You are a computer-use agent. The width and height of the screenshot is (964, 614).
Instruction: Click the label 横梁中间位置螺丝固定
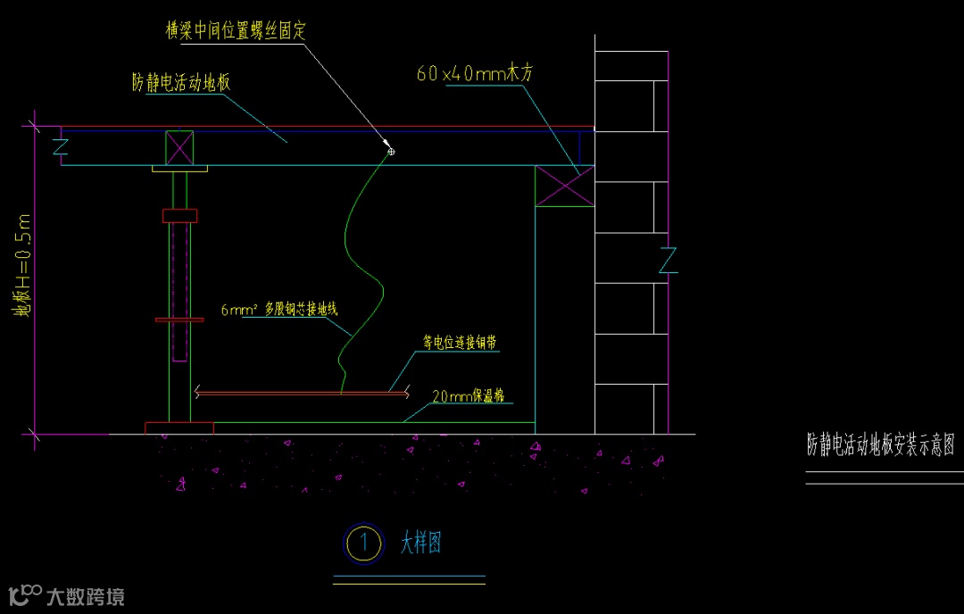click(x=236, y=30)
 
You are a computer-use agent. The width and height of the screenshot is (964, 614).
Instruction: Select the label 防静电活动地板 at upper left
click(x=181, y=84)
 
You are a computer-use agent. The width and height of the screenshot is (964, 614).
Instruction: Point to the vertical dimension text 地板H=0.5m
click(x=23, y=265)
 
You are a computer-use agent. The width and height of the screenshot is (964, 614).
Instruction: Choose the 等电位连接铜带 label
click(x=460, y=342)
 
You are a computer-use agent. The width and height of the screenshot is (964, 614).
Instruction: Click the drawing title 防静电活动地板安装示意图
click(x=880, y=444)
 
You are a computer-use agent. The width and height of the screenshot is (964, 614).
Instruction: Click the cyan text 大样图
click(x=420, y=543)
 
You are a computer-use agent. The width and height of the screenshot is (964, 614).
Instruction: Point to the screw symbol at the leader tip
click(x=391, y=152)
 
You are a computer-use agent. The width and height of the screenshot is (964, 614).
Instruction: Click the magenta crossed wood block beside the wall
click(x=564, y=187)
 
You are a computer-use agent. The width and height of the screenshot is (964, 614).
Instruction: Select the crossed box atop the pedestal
click(x=179, y=147)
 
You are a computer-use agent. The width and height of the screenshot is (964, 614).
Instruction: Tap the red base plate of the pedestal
click(x=179, y=427)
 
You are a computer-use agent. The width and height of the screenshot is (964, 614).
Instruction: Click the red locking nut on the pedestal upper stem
click(x=179, y=215)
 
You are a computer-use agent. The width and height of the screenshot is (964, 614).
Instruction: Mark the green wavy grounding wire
click(x=361, y=268)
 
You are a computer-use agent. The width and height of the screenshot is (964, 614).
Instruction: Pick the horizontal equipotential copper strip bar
click(x=302, y=392)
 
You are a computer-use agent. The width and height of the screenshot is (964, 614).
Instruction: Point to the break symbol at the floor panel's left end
click(x=61, y=146)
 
